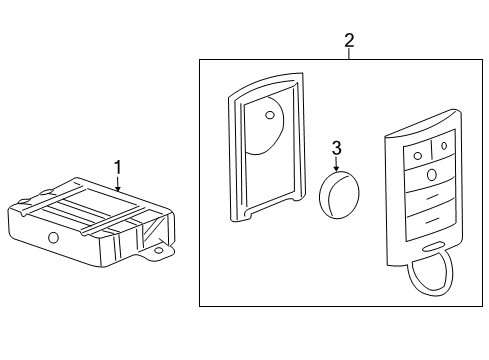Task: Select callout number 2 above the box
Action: coord(348,41)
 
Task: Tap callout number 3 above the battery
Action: coord(336,148)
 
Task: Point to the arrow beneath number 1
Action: coord(118,184)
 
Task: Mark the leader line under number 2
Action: coord(348,56)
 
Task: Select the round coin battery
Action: coord(338,193)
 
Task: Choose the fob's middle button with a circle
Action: coord(431,175)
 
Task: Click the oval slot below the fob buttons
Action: coord(433,247)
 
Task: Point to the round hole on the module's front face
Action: coord(52,237)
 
